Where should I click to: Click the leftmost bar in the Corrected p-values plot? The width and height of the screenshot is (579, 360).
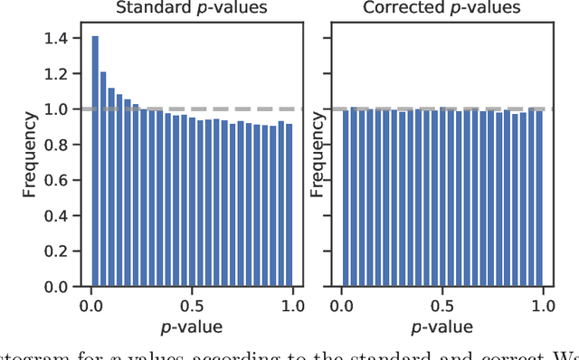point(344,198)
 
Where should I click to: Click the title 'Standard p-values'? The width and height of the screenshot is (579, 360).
point(191,9)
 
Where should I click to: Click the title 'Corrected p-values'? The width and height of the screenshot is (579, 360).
point(441,9)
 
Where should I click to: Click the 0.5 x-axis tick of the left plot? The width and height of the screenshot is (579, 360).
point(191,307)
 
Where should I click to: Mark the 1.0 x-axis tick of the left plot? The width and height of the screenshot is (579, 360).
point(293,307)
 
